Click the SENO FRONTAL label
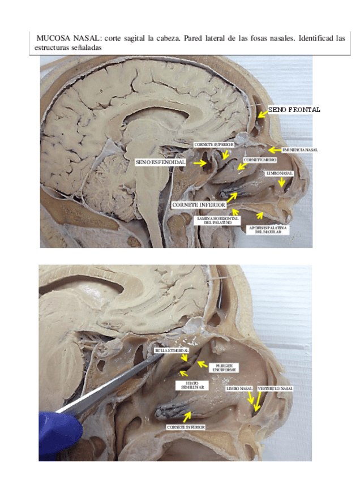pos(294,109)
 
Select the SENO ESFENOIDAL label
pos(161,162)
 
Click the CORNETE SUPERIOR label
pos(213,145)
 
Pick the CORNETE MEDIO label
pos(260,160)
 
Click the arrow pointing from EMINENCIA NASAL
pos(274,150)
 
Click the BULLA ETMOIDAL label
pos(170,350)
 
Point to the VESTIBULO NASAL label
pos(275,389)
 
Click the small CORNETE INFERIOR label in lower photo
pos(186,427)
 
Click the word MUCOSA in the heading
pos(52,38)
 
